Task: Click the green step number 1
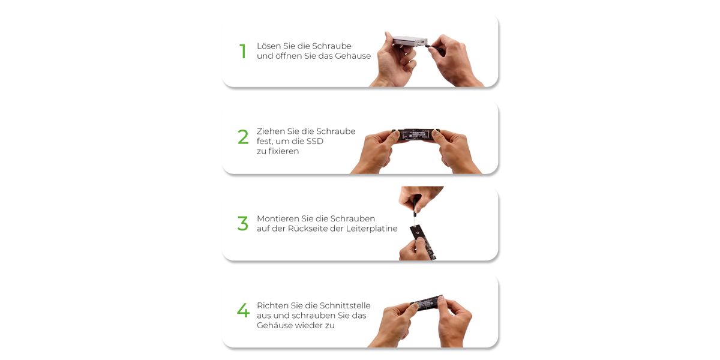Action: [243, 52]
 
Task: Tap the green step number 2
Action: [243, 137]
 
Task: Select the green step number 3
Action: [242, 223]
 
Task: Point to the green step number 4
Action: [244, 310]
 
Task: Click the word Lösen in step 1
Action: [269, 46]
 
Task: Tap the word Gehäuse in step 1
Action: [353, 56]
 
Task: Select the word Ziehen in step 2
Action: [271, 131]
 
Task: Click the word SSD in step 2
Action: [315, 142]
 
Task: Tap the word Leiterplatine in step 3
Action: [371, 229]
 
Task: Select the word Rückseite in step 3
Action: [308, 229]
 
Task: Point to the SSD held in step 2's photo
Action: [416, 134]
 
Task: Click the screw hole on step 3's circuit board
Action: [417, 232]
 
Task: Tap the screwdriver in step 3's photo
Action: [416, 209]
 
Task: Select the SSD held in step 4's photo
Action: [427, 303]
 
